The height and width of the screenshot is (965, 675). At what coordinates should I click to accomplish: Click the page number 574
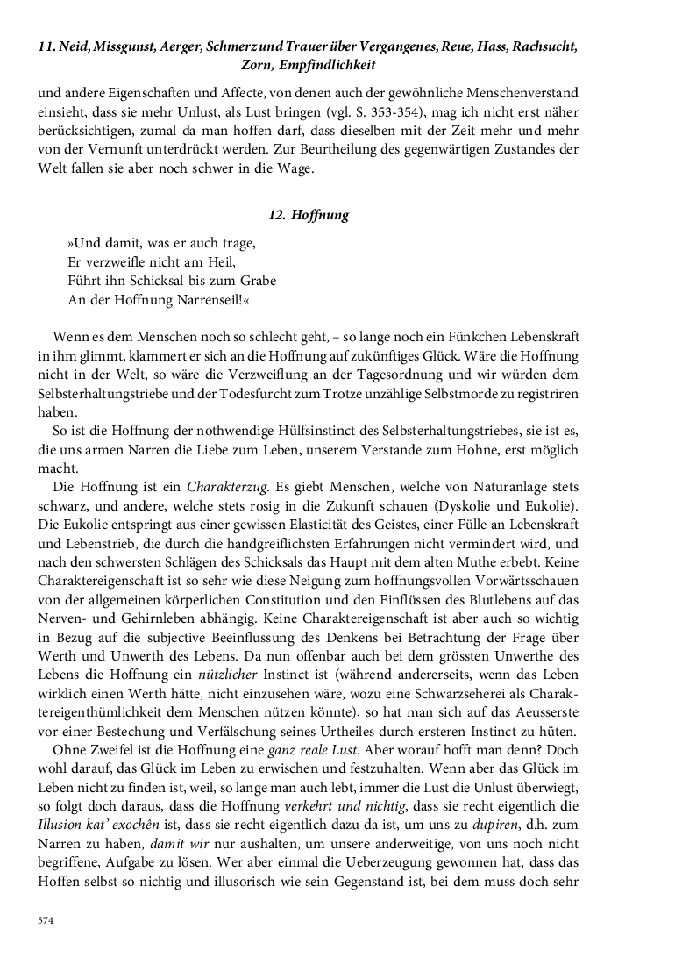tap(46, 919)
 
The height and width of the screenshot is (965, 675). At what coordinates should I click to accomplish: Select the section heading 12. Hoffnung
tap(308, 215)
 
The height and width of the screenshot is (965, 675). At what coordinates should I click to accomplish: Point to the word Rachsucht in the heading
tap(537, 46)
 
